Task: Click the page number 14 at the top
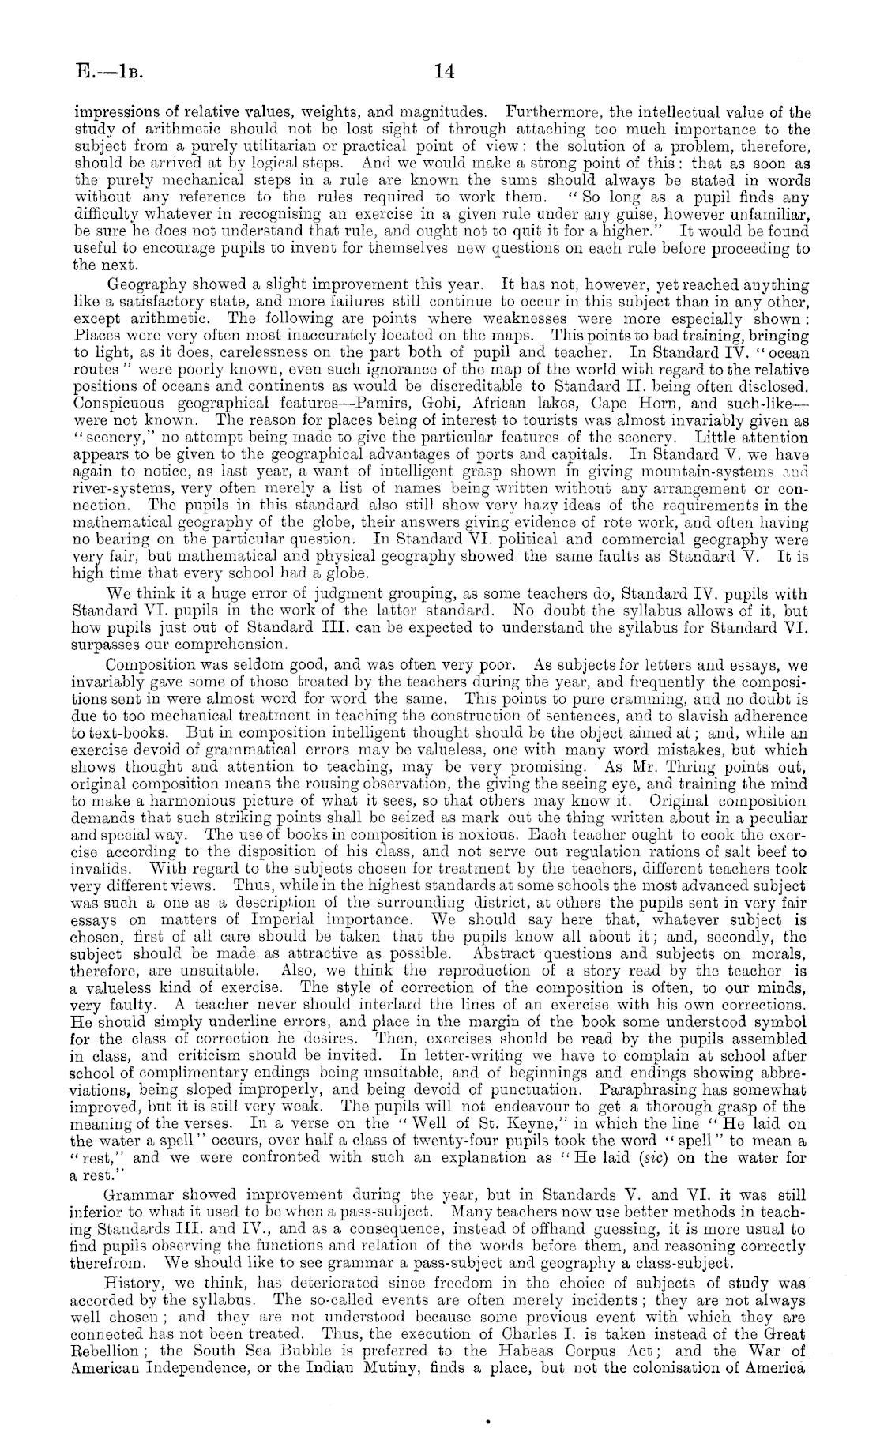(444, 72)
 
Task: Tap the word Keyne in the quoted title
(492, 1122)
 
